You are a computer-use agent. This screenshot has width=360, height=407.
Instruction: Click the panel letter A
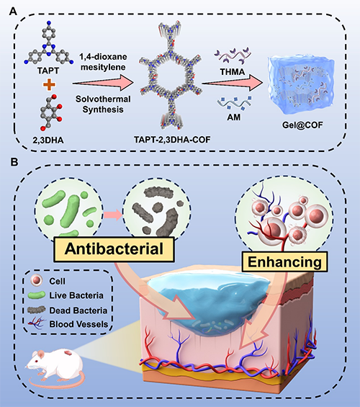point(13,12)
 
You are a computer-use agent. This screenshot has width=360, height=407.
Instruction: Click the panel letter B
point(14,161)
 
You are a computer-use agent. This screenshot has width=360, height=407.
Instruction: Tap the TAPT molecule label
point(48,71)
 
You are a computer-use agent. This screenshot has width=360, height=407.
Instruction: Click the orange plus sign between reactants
point(49,84)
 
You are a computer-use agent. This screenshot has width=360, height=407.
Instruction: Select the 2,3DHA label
point(48,140)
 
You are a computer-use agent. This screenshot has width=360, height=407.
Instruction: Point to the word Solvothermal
point(103,99)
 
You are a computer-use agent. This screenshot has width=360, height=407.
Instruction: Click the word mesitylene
point(103,67)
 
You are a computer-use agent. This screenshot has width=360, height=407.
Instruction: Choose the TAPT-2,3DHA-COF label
point(172,140)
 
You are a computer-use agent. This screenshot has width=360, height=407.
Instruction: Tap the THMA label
point(233,72)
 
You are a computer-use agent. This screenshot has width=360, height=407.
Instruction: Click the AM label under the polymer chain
point(234,117)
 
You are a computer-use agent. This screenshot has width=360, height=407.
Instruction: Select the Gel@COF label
point(302,125)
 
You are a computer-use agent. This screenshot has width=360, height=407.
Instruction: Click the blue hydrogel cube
point(302,85)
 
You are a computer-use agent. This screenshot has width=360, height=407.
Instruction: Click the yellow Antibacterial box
point(114,249)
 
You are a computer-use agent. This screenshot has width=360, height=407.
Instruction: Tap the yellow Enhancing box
point(284,261)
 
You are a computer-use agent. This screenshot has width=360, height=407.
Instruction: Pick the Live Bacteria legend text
point(76,295)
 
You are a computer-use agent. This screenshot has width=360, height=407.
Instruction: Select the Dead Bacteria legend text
point(78,310)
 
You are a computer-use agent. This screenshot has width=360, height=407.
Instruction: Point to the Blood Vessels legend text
point(78,324)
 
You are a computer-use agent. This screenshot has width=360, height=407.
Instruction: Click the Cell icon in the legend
point(36,281)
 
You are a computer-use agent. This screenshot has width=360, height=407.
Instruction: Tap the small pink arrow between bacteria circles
point(112,215)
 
